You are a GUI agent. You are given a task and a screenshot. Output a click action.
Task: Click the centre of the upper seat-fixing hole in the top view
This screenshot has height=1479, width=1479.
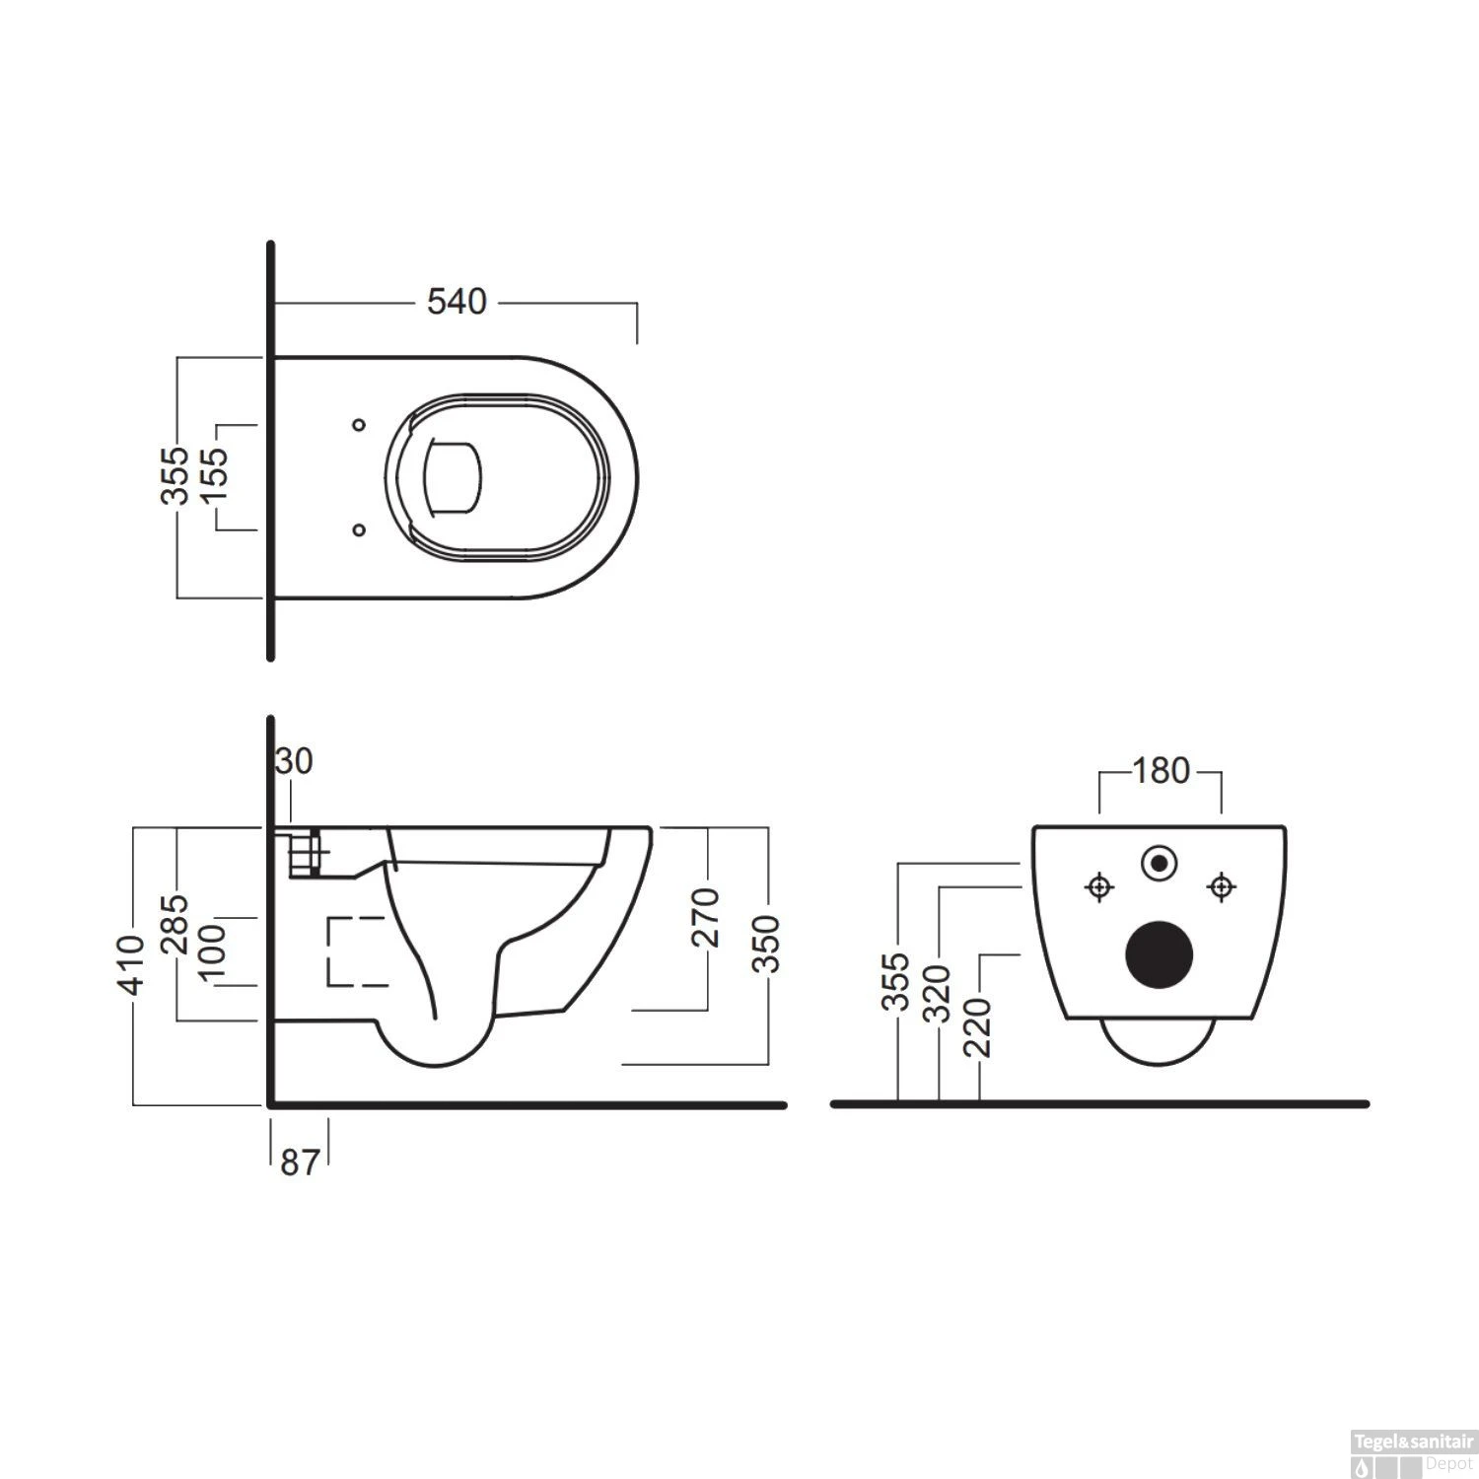359,425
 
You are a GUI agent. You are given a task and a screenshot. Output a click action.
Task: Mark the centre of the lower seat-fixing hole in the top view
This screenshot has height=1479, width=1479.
359,529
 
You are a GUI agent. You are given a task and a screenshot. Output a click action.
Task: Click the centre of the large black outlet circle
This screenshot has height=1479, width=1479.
1160,952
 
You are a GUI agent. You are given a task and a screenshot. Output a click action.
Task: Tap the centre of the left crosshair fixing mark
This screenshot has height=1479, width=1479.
1097,887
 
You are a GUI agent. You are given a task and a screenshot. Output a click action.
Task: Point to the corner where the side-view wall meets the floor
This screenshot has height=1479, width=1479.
270,1104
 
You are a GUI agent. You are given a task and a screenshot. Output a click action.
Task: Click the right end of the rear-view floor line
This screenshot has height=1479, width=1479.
1368,1103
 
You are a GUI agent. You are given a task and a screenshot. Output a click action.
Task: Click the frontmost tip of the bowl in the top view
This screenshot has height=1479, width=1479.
638,476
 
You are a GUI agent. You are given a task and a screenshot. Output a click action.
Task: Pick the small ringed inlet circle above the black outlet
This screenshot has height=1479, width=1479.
1160,864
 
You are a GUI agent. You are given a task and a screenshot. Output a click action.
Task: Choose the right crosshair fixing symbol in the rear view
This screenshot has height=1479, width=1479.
1222,887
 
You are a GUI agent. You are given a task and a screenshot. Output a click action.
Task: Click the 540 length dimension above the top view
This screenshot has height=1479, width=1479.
457,302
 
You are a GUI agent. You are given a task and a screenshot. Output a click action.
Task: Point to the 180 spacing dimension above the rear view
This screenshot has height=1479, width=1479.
1161,770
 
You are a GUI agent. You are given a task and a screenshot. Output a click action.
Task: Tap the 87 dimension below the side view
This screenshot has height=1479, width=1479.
300,1163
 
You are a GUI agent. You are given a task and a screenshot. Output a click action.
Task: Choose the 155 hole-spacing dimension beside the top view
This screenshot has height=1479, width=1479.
214,477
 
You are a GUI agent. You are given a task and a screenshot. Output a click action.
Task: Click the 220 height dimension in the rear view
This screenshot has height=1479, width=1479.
979,1026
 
